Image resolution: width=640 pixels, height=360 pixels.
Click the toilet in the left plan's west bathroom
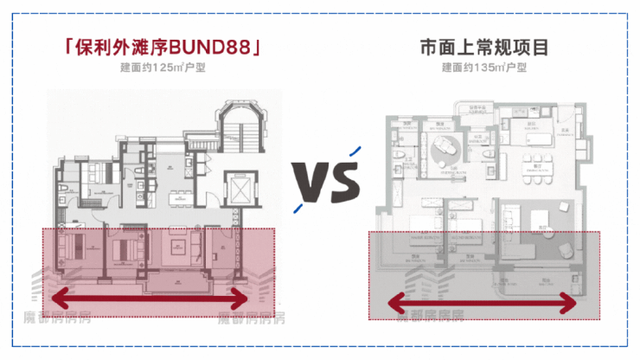click(x=63, y=189)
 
